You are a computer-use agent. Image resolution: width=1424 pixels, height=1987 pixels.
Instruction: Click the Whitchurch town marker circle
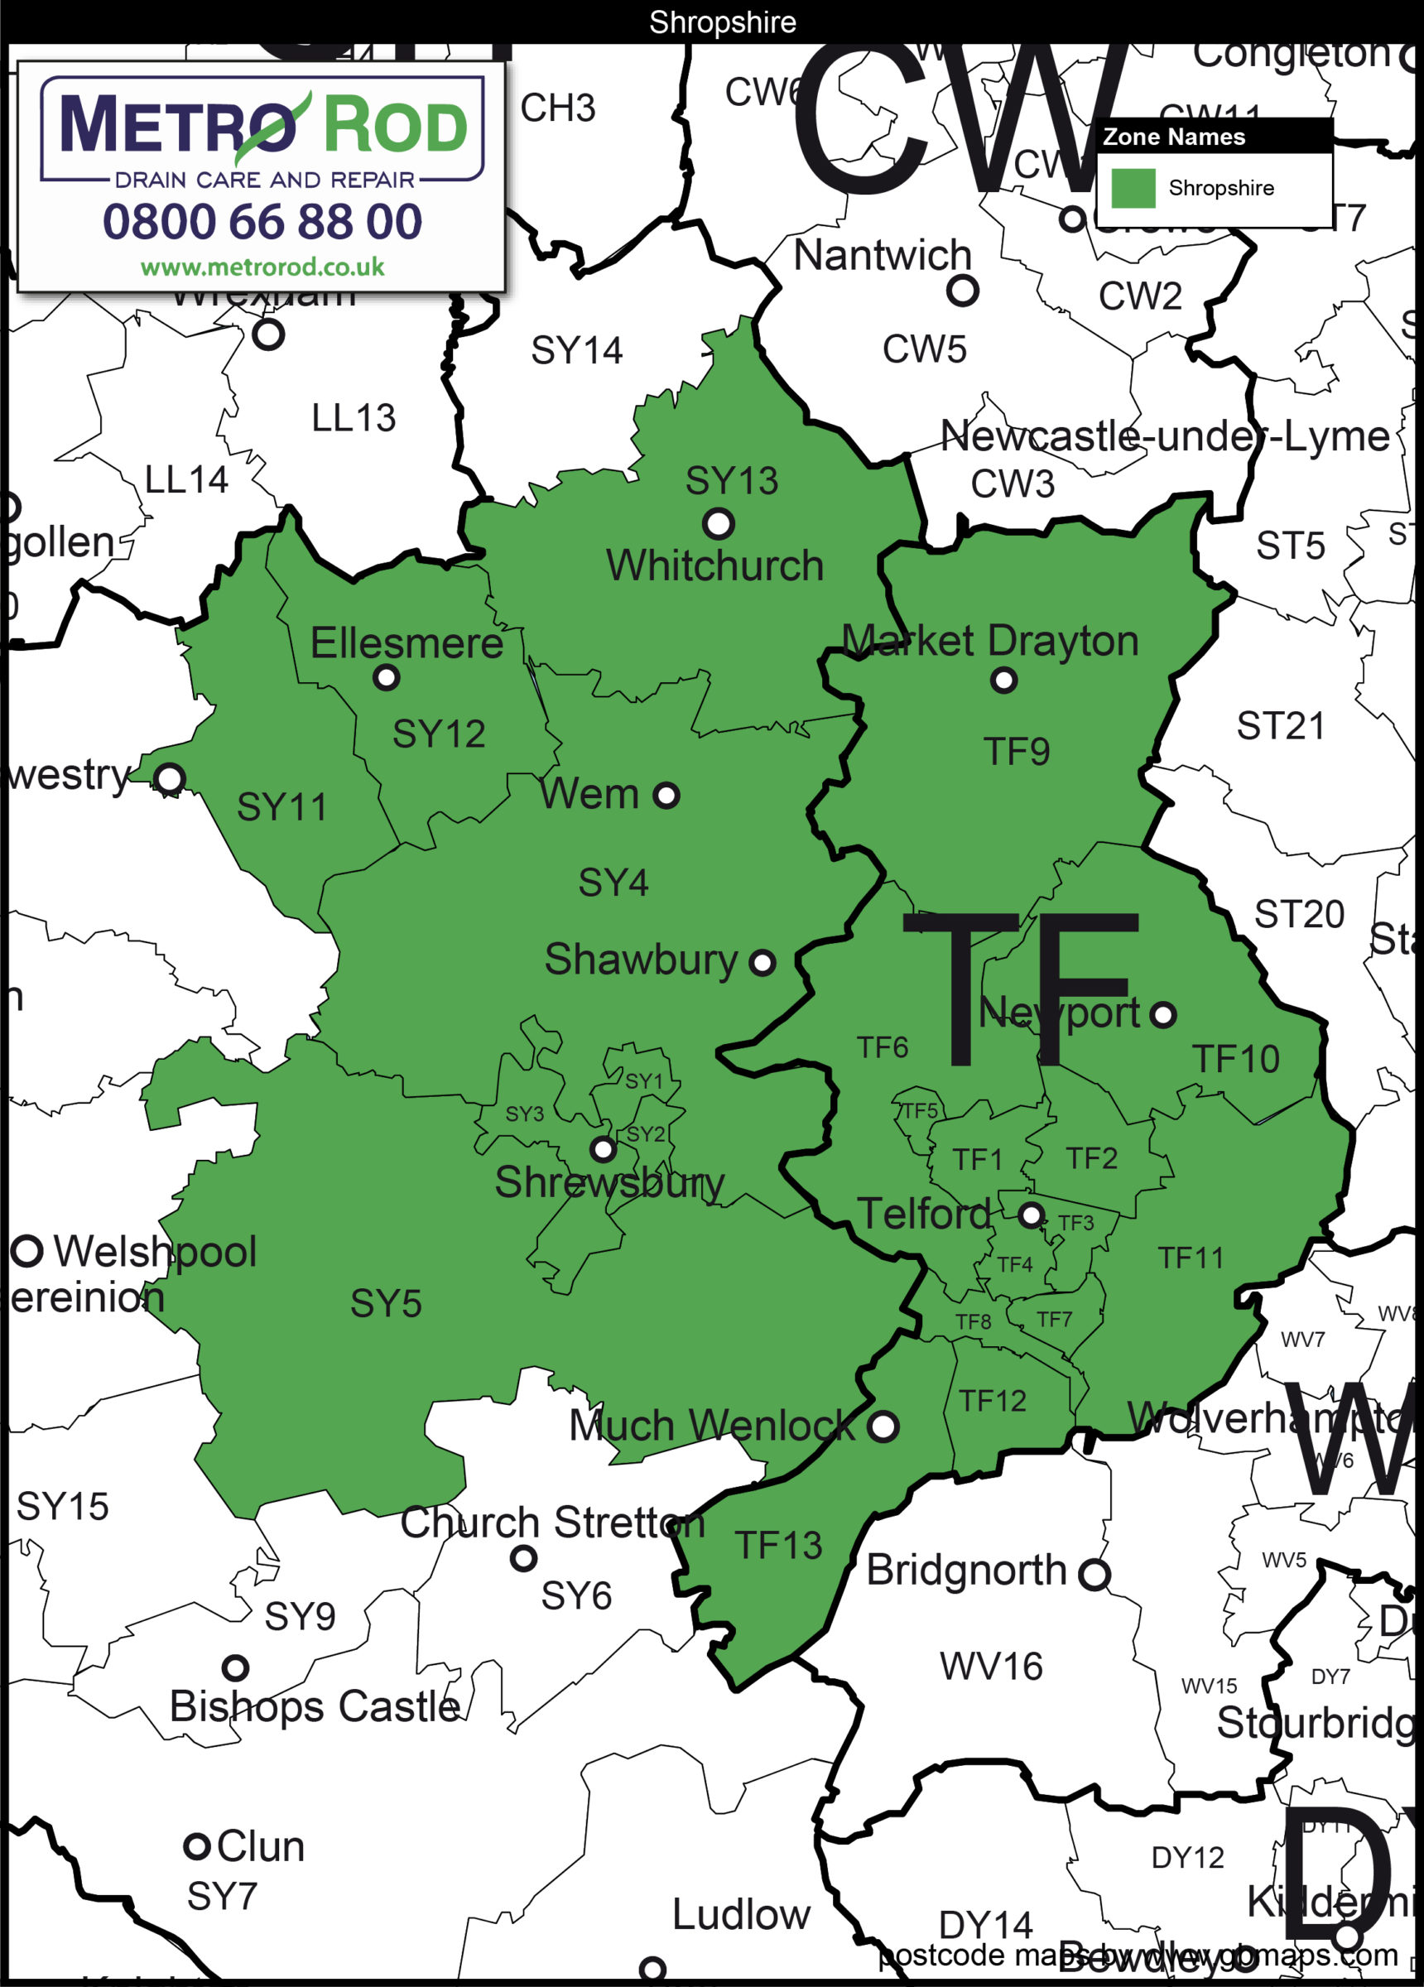point(719,524)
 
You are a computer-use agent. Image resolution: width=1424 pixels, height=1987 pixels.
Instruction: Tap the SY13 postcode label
point(732,481)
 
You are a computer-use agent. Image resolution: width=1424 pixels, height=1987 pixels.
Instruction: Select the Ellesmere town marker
point(387,677)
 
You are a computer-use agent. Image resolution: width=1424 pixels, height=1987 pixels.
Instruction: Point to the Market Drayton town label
point(990,642)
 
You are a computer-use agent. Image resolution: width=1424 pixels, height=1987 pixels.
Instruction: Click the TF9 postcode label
point(1017,752)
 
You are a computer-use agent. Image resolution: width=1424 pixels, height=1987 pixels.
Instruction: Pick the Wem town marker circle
point(666,796)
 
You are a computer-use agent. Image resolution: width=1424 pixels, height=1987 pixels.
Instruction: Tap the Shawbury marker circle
point(763,963)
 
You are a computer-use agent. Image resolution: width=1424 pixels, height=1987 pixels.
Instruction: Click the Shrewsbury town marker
point(603,1148)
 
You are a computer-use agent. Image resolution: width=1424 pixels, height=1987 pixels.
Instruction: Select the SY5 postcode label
point(386,1304)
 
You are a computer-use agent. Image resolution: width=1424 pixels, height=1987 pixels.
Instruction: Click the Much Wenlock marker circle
point(883,1427)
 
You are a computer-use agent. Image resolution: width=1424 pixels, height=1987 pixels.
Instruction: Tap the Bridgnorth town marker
point(1094,1575)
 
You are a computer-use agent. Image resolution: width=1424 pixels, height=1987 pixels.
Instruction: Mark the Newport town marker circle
point(1163,1014)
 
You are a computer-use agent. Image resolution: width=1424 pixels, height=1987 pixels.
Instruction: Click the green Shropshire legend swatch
point(1133,189)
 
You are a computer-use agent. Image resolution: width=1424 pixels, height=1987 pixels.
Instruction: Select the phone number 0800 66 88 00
point(262,222)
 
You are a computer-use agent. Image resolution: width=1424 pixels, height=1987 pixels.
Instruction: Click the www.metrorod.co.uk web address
point(262,267)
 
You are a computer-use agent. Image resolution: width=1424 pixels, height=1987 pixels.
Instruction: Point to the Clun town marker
point(197,1847)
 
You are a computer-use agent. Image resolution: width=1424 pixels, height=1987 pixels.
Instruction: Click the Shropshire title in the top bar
point(722,22)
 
